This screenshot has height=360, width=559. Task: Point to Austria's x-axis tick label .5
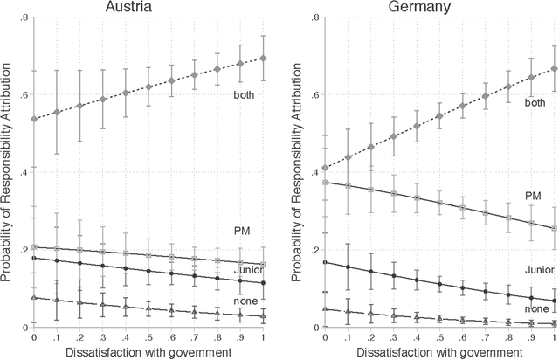(x=148, y=338)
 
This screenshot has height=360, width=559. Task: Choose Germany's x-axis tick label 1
(x=556, y=338)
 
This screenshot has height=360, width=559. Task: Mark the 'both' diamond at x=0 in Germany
(x=325, y=169)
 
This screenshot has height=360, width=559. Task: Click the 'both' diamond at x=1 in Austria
(x=263, y=59)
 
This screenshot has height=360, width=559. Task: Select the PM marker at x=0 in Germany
(x=325, y=183)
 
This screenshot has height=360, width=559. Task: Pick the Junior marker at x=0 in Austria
(x=34, y=258)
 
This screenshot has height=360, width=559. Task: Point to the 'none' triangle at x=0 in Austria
(x=34, y=298)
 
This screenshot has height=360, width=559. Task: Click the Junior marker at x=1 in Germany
(x=556, y=301)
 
